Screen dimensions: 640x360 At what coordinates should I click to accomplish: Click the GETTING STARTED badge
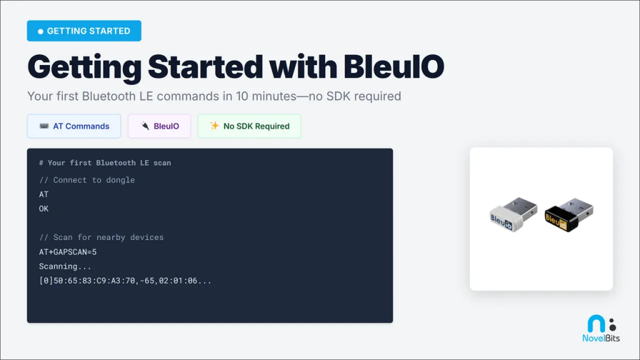[x=84, y=31]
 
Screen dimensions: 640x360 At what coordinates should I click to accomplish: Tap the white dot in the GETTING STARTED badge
[x=41, y=31]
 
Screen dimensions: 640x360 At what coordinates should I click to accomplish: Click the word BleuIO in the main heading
[x=394, y=66]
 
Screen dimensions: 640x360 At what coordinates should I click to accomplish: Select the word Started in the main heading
[x=205, y=66]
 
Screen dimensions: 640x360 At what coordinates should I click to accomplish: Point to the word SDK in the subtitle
[x=337, y=96]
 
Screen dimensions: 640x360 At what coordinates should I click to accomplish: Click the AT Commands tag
[x=74, y=126]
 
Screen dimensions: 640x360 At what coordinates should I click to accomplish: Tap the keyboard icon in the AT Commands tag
[x=44, y=126]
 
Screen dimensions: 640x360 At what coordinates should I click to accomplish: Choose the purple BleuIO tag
[x=159, y=126]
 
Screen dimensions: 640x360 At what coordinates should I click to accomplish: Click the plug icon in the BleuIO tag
[x=145, y=126]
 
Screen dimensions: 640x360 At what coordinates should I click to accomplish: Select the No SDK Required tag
[x=249, y=126]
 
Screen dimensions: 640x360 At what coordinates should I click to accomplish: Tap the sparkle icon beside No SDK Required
[x=214, y=126]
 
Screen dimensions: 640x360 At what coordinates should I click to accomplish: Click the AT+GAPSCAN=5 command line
[x=67, y=252]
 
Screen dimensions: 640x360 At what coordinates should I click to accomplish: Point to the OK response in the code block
[x=44, y=209]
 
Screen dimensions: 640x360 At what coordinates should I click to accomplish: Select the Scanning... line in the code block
[x=65, y=266]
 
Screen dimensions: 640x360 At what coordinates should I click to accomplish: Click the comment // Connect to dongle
[x=87, y=180]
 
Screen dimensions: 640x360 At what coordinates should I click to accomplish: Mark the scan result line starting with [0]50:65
[x=125, y=281]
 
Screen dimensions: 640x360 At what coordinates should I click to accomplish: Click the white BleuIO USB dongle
[x=514, y=214]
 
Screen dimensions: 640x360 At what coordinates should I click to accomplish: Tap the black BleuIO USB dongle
[x=569, y=215]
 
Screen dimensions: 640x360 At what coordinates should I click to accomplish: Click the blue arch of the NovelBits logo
[x=596, y=324]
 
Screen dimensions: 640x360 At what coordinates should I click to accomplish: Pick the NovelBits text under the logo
[x=601, y=338]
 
